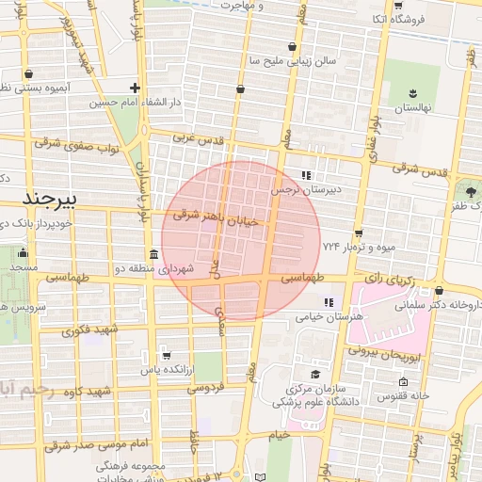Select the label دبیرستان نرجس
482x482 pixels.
(x=305, y=189)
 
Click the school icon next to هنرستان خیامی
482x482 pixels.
(x=329, y=302)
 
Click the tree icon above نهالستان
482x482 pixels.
(x=413, y=91)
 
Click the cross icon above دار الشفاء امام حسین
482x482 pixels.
(x=136, y=87)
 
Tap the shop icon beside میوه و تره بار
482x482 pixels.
(x=359, y=233)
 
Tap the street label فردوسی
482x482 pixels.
(x=205, y=386)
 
